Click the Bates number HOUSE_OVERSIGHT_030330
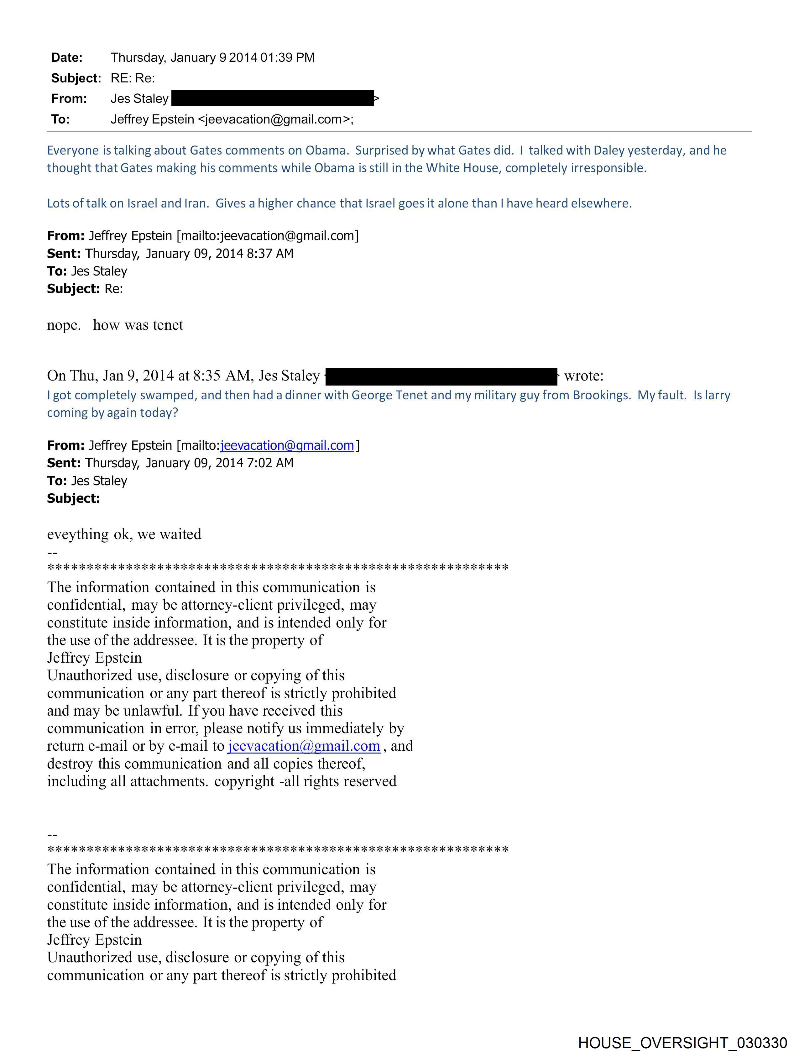click(x=682, y=1042)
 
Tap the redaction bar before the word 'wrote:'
click(x=441, y=376)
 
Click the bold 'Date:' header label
click(x=67, y=58)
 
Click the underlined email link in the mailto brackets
click(x=287, y=445)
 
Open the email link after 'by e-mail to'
click(x=304, y=746)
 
